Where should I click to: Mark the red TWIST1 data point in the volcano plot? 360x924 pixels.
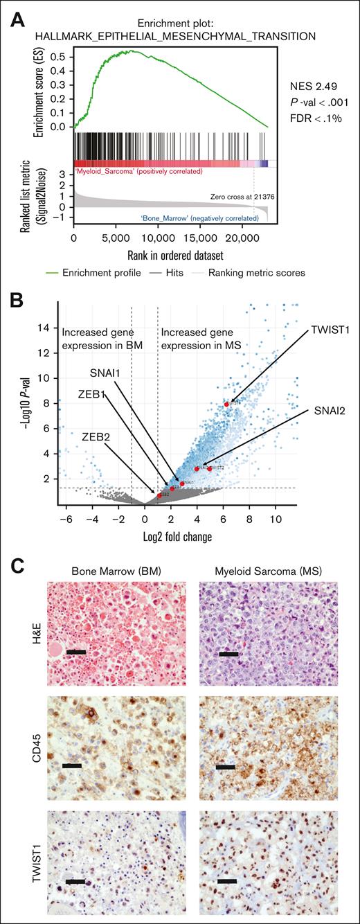[x=226, y=404]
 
